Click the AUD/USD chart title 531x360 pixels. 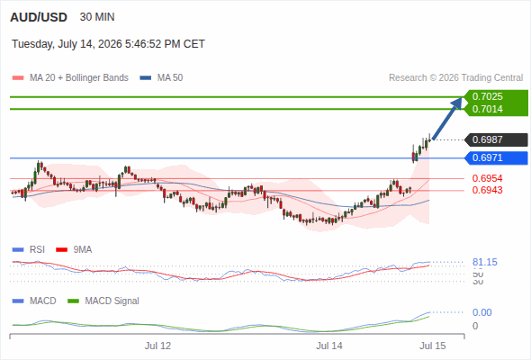tap(39, 17)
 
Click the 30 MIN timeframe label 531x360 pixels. tap(97, 17)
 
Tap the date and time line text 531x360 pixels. tap(108, 44)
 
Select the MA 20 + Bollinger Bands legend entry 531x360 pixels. tap(70, 78)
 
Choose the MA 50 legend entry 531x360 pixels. tap(161, 78)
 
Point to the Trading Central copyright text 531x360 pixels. tap(455, 78)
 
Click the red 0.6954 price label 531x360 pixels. tap(487, 178)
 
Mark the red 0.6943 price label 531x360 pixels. tap(487, 190)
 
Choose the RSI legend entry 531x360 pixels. tap(29, 250)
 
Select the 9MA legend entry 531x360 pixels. tap(74, 250)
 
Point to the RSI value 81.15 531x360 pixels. tap(485, 262)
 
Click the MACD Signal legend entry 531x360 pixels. tap(103, 301)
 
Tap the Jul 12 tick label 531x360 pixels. tap(157, 346)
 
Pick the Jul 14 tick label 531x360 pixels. tap(329, 346)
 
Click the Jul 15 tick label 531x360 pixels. tap(433, 346)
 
